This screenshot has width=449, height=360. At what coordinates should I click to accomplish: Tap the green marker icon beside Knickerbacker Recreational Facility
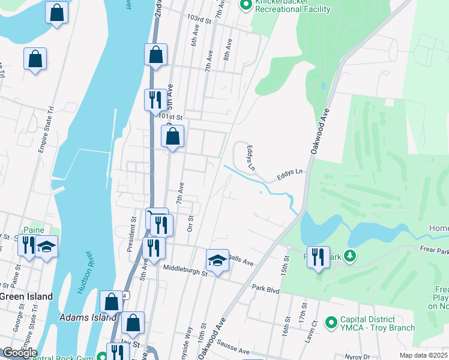tap(246, 5)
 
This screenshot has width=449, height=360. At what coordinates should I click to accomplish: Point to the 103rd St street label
tap(200, 20)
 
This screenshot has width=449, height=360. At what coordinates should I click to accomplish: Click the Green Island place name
tap(26, 296)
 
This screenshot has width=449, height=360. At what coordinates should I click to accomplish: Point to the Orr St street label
tap(190, 223)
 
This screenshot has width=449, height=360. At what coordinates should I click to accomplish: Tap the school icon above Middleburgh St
tap(217, 260)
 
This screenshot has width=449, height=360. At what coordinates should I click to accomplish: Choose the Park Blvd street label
tap(266, 290)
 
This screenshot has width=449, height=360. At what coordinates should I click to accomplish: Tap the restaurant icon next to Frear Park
tap(318, 257)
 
